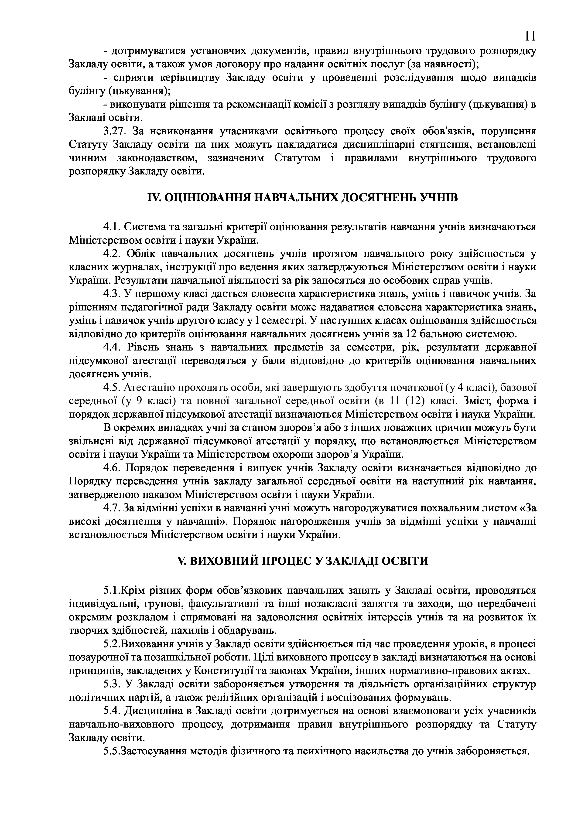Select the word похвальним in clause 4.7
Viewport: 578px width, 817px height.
coord(433,508)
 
